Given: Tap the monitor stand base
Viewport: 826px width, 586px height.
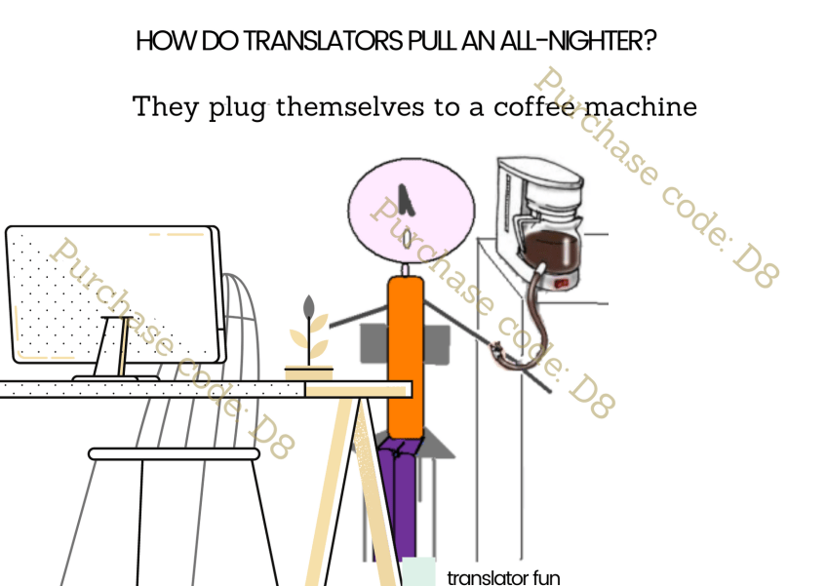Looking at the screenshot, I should pos(115,375).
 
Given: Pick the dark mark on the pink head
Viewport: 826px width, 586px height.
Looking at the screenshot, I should pos(411,199).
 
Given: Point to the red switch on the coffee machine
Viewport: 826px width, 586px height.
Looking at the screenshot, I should pos(563,284).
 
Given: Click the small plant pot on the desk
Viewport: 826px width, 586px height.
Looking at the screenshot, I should pos(308,372).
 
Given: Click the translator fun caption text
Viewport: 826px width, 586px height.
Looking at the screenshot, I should pos(503,576).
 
